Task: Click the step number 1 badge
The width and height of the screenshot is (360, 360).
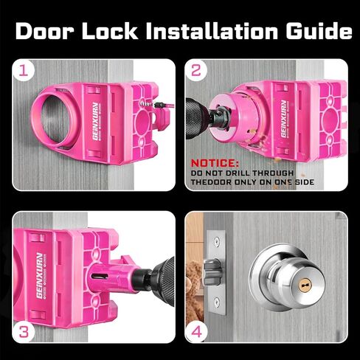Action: (x=27, y=72)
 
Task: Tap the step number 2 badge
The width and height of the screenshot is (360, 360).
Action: (x=196, y=72)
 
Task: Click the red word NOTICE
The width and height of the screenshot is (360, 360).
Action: (x=215, y=162)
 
